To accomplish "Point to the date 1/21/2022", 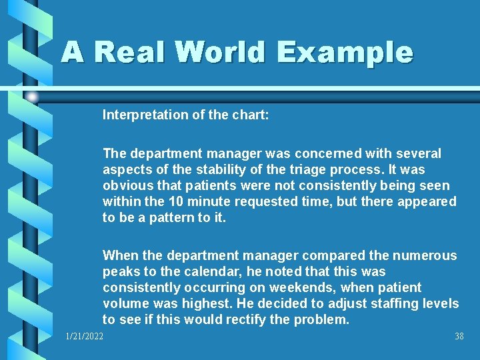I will [85, 337].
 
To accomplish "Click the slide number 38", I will [459, 337].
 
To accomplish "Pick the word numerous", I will [424, 255].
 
